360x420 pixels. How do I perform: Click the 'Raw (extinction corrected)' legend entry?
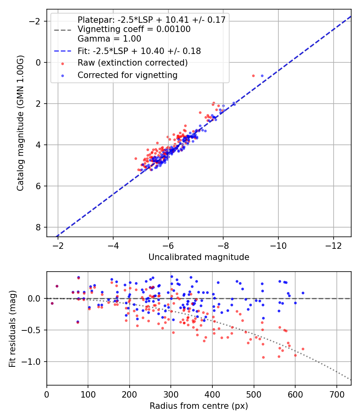pos(132,63)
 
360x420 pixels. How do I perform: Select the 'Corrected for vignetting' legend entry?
pos(128,75)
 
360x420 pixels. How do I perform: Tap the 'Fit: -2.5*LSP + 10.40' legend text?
pos(139,51)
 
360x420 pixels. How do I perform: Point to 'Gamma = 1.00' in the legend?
pos(109,39)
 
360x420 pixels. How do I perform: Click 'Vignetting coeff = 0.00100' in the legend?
pos(134,29)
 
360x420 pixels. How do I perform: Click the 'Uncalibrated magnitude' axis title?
pos(199,257)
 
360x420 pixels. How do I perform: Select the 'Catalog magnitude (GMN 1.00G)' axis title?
pos(21,123)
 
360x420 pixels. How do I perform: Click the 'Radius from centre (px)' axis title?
pos(199,406)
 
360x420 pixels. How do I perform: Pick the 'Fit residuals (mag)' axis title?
pos(12,329)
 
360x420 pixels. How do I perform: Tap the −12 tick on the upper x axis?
pos(333,244)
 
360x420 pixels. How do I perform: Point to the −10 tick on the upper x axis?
pos(278,244)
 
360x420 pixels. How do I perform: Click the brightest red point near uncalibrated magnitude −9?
pos(253,76)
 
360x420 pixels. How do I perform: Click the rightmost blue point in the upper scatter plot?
pos(262,76)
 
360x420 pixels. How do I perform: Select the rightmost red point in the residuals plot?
pos(303,349)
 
